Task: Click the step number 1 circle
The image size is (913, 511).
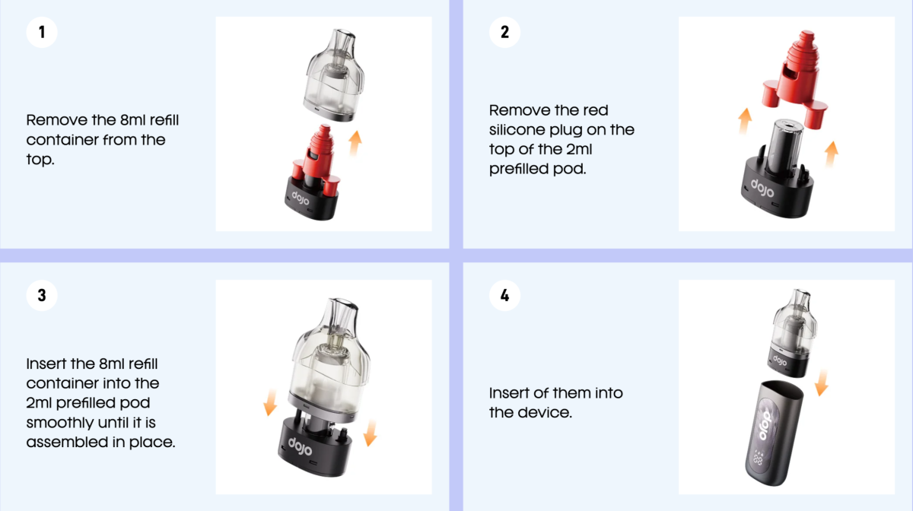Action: pos(42,33)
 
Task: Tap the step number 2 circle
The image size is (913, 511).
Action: pos(504,33)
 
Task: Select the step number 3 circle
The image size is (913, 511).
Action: pos(42,295)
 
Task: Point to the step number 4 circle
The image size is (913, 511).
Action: pos(504,295)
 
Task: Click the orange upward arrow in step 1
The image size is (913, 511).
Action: pos(355,142)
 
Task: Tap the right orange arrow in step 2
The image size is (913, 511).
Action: pos(832,153)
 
